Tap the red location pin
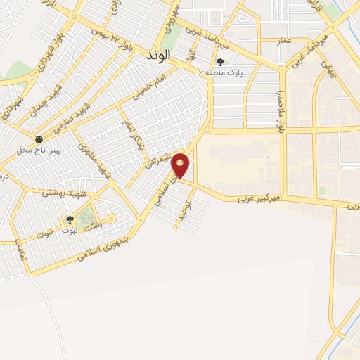tap(181, 165)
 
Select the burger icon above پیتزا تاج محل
tap(39, 139)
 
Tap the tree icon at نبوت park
tap(69, 220)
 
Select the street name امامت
tap(20, 250)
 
